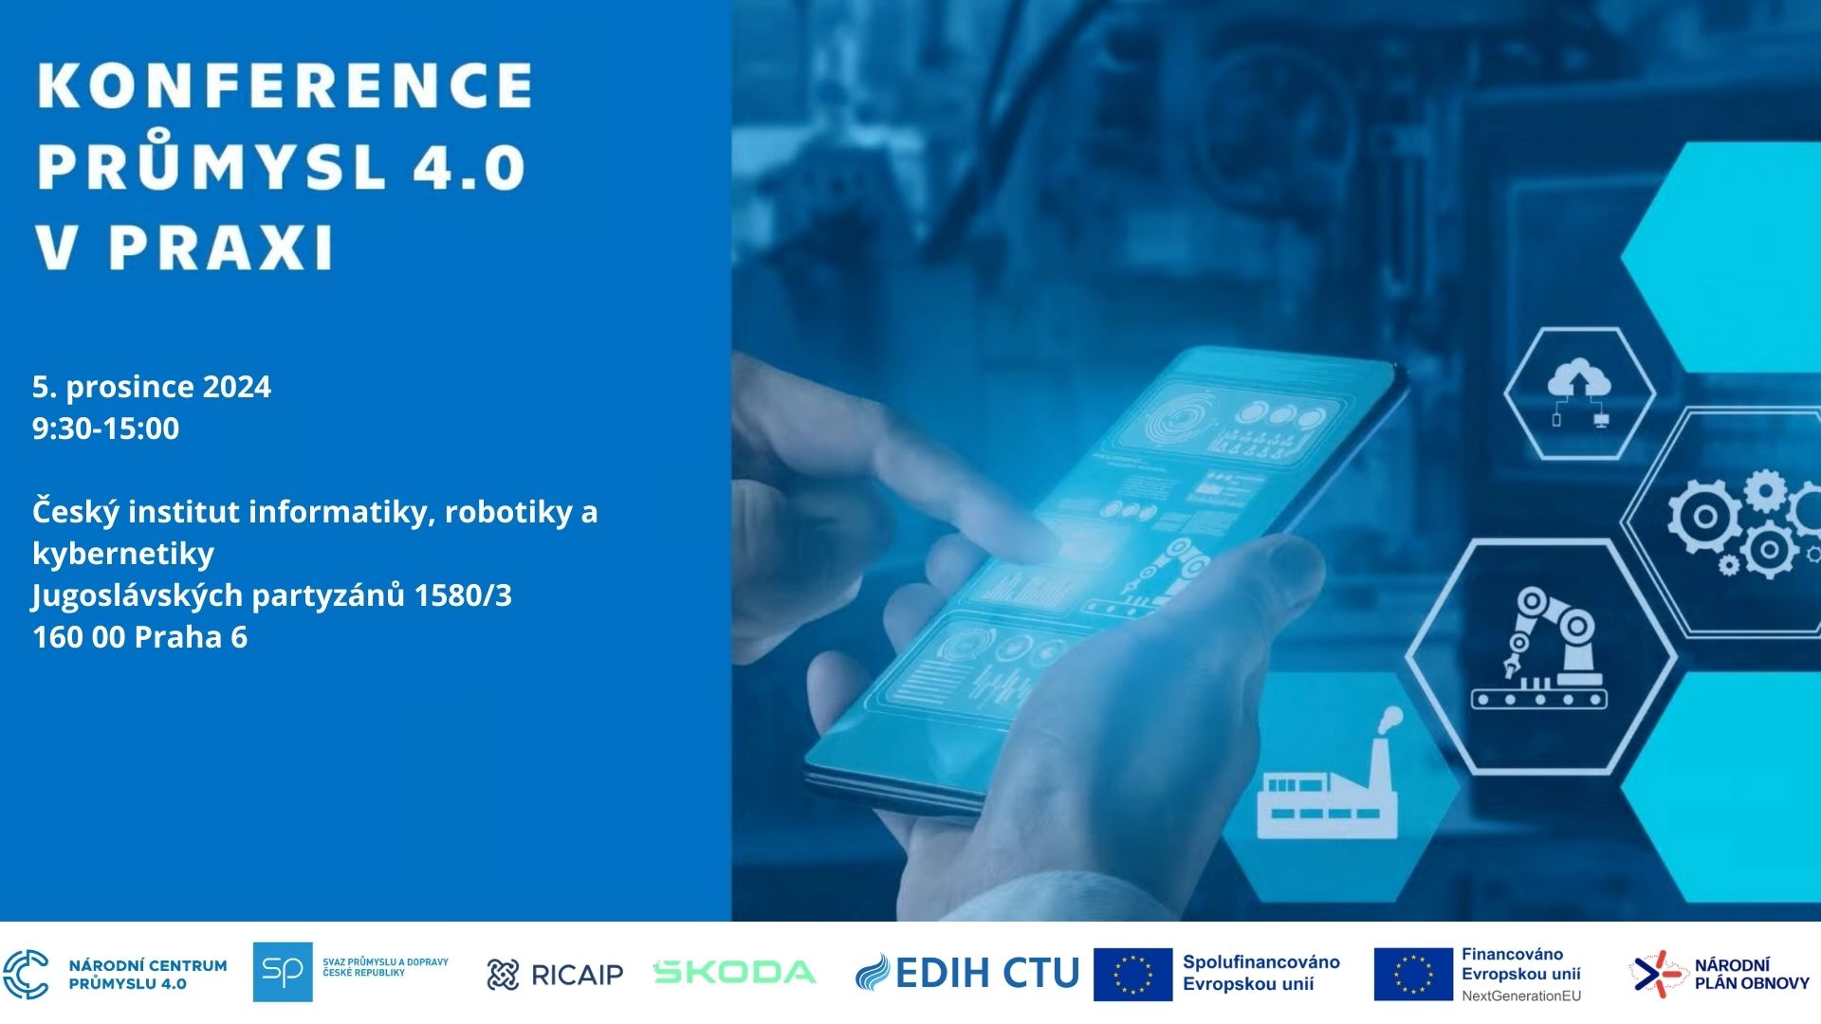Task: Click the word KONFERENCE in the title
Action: click(x=285, y=85)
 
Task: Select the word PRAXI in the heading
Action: click(x=221, y=247)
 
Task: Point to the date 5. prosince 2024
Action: click(x=152, y=387)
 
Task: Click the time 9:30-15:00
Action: click(x=105, y=429)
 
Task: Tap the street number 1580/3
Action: click(x=463, y=595)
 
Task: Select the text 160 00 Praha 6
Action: click(x=139, y=637)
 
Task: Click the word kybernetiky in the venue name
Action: click(x=123, y=554)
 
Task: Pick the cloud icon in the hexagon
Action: click(x=1579, y=391)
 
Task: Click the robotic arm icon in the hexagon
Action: click(x=1539, y=648)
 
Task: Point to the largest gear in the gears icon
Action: click(x=1704, y=518)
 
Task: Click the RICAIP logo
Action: click(x=555, y=974)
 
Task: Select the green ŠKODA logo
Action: click(x=735, y=972)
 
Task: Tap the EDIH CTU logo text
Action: click(x=967, y=973)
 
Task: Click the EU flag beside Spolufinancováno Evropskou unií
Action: click(x=1132, y=974)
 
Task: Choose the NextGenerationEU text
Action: click(x=1521, y=996)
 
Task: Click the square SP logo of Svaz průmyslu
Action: click(x=283, y=972)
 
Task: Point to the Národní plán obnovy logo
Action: click(x=1720, y=974)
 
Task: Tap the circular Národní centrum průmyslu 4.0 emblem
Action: click(x=26, y=974)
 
